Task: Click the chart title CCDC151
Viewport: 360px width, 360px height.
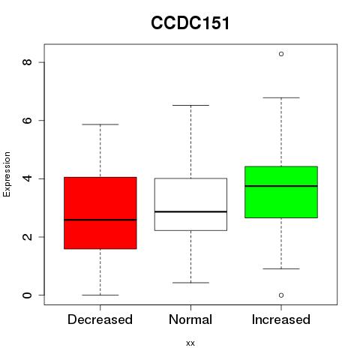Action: click(x=190, y=23)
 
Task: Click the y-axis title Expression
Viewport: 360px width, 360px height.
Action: click(x=7, y=174)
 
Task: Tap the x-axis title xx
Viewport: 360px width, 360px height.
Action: click(x=190, y=343)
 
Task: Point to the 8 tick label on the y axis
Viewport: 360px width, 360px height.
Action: click(x=27, y=62)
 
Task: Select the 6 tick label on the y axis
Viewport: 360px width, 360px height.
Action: click(x=27, y=120)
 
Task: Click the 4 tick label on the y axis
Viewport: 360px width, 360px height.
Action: click(x=27, y=178)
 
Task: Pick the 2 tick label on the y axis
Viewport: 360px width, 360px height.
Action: click(x=27, y=237)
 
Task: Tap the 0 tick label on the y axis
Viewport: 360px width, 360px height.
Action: click(x=27, y=295)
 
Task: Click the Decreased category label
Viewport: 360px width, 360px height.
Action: click(x=100, y=319)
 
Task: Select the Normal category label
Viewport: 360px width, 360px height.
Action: click(x=190, y=319)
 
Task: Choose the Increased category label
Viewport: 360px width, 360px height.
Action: click(x=281, y=319)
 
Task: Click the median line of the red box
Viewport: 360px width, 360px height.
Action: click(x=100, y=220)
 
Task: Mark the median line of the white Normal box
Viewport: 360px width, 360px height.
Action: click(x=190, y=211)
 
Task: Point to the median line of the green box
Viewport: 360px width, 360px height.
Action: click(x=281, y=186)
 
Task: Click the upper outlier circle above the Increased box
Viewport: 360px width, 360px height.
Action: click(x=281, y=54)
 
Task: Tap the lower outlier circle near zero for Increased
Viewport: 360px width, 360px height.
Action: click(x=281, y=295)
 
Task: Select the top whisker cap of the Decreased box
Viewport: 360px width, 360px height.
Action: click(x=100, y=124)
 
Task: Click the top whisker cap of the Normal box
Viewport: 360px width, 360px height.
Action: click(x=190, y=105)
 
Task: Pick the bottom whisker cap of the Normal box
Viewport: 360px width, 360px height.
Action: click(x=190, y=283)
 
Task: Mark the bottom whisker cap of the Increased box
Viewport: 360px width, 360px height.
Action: click(x=281, y=268)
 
